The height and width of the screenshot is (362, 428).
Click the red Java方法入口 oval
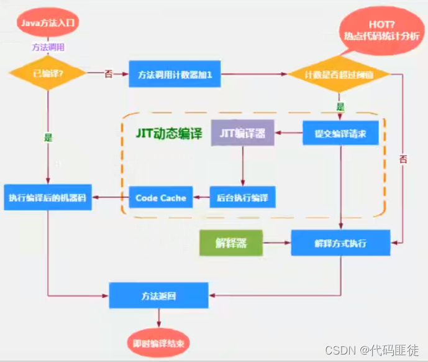click(x=48, y=23)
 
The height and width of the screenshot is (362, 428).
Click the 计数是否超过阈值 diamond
click(x=339, y=74)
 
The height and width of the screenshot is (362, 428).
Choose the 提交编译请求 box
click(x=340, y=132)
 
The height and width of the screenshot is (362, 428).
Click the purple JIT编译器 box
click(x=242, y=133)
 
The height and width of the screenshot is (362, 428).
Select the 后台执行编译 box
click(x=242, y=197)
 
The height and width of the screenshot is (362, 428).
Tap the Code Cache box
click(x=161, y=198)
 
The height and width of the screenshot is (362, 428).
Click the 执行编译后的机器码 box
click(x=48, y=198)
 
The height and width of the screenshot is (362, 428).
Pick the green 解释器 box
click(x=230, y=243)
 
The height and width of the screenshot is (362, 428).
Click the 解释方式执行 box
click(x=340, y=243)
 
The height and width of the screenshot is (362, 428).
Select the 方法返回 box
click(x=159, y=295)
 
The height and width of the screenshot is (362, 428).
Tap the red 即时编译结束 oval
click(x=159, y=343)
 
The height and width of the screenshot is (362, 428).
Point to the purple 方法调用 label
click(x=47, y=47)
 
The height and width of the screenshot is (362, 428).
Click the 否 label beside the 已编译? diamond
click(x=108, y=74)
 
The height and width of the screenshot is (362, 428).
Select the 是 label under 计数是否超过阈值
click(x=340, y=106)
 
